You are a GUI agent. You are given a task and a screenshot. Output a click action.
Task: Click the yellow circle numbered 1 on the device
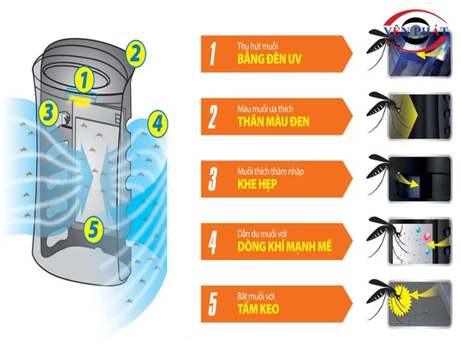click(86, 78)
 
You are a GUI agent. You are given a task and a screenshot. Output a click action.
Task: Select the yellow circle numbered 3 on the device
click(48, 112)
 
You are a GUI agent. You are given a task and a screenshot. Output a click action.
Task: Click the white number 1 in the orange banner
click(212, 54)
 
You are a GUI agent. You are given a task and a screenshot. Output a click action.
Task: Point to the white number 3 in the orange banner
click(212, 179)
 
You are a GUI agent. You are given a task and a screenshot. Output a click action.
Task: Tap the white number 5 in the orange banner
click(212, 303)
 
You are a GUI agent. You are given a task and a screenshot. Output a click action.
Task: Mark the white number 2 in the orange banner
click(212, 116)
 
